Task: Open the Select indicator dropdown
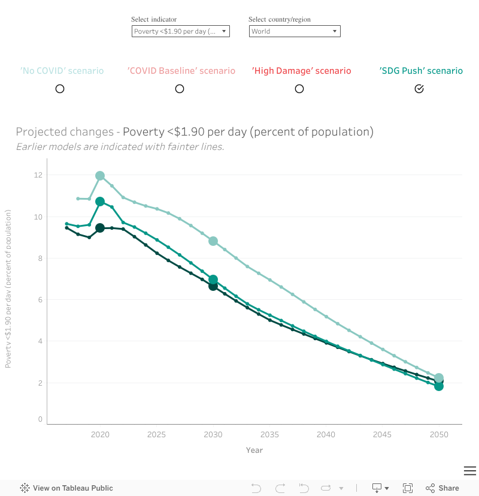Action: click(x=180, y=31)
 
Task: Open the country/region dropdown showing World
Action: click(x=295, y=31)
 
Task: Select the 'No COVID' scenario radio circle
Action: click(x=60, y=89)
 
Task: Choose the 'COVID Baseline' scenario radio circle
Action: click(x=180, y=89)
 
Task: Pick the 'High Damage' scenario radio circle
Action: click(x=299, y=89)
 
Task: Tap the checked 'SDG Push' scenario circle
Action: click(x=419, y=89)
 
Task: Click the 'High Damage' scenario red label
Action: click(x=301, y=71)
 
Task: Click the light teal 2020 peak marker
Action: click(x=100, y=176)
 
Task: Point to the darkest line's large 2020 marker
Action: click(x=100, y=228)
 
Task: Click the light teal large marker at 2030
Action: click(x=213, y=241)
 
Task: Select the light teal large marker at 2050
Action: click(x=439, y=378)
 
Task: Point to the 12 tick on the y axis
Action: click(x=38, y=175)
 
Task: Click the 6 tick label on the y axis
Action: click(x=40, y=300)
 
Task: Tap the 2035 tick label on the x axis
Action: click(x=269, y=434)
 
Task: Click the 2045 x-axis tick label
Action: click(x=383, y=434)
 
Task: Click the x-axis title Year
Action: click(x=254, y=450)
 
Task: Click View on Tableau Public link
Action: click(x=72, y=488)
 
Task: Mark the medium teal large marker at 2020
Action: click(x=100, y=202)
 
